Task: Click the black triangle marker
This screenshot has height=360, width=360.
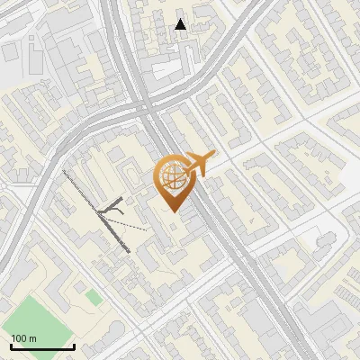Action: [181, 24]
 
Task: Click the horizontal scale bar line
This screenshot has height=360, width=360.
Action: [42, 346]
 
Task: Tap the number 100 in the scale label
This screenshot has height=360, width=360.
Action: [19, 338]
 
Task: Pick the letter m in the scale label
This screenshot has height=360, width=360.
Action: [31, 338]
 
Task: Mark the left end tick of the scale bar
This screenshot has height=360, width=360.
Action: [11, 345]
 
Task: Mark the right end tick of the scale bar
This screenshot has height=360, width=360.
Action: [74, 345]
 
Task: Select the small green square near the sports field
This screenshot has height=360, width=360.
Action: [93, 296]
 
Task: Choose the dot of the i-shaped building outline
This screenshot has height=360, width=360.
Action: [32, 40]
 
